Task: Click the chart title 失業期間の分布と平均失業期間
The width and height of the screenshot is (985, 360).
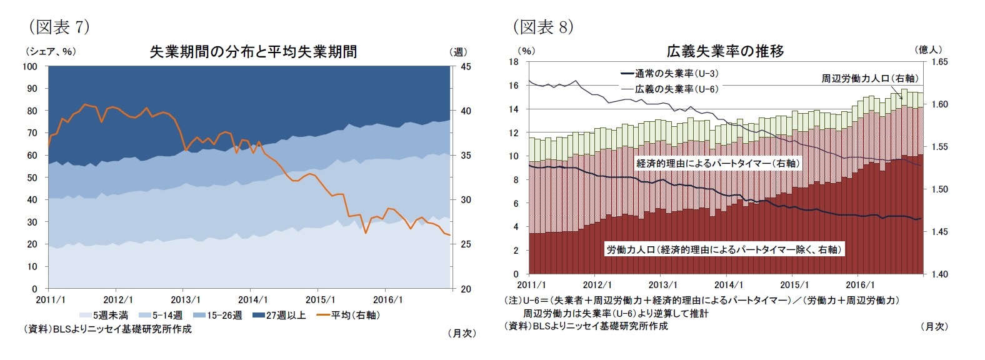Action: pos(253,52)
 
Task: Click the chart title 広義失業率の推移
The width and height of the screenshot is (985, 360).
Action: pos(725,51)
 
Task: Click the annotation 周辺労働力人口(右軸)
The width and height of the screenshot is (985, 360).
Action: pos(869,78)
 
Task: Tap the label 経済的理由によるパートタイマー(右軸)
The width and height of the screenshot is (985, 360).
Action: pos(718,163)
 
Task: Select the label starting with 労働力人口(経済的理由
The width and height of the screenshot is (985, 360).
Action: pos(724,249)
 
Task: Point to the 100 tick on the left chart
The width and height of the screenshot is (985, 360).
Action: pos(30,66)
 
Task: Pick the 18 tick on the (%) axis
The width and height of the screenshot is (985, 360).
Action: pos(514,62)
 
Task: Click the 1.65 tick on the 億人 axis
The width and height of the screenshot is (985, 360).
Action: pos(939,62)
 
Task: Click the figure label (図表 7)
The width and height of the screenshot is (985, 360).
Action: pos(59,27)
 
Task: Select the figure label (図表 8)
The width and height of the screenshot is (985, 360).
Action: pos(542,27)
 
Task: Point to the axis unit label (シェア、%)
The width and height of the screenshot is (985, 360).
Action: pos(51,52)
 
